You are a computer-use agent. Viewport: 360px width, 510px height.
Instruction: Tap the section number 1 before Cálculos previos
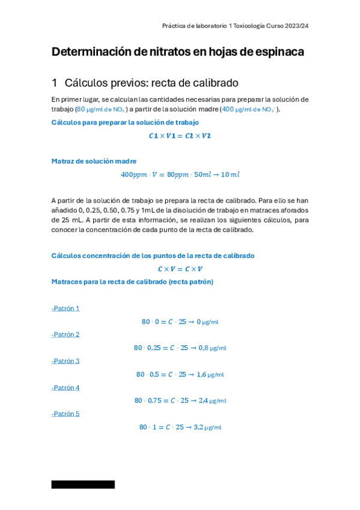click(x=54, y=83)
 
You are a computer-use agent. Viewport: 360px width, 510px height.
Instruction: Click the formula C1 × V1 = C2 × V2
click(x=180, y=136)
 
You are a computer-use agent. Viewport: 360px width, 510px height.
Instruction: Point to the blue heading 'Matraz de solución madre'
click(x=94, y=161)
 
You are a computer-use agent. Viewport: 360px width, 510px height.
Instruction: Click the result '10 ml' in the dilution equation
click(x=230, y=174)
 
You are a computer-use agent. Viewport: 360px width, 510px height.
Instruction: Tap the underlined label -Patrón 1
click(x=66, y=309)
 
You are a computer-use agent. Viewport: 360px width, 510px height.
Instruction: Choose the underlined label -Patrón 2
click(x=66, y=334)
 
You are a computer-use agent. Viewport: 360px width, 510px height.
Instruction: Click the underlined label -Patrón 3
click(x=66, y=361)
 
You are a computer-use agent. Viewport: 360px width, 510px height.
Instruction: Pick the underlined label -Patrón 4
click(x=66, y=387)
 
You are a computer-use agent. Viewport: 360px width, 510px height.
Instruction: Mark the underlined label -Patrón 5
click(x=66, y=414)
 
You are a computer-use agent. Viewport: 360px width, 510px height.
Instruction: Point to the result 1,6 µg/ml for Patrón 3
click(x=210, y=374)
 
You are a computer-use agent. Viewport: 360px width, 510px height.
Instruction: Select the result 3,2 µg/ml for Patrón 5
click(x=207, y=427)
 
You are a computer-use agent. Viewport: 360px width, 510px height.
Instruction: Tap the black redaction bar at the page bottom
click(x=83, y=484)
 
